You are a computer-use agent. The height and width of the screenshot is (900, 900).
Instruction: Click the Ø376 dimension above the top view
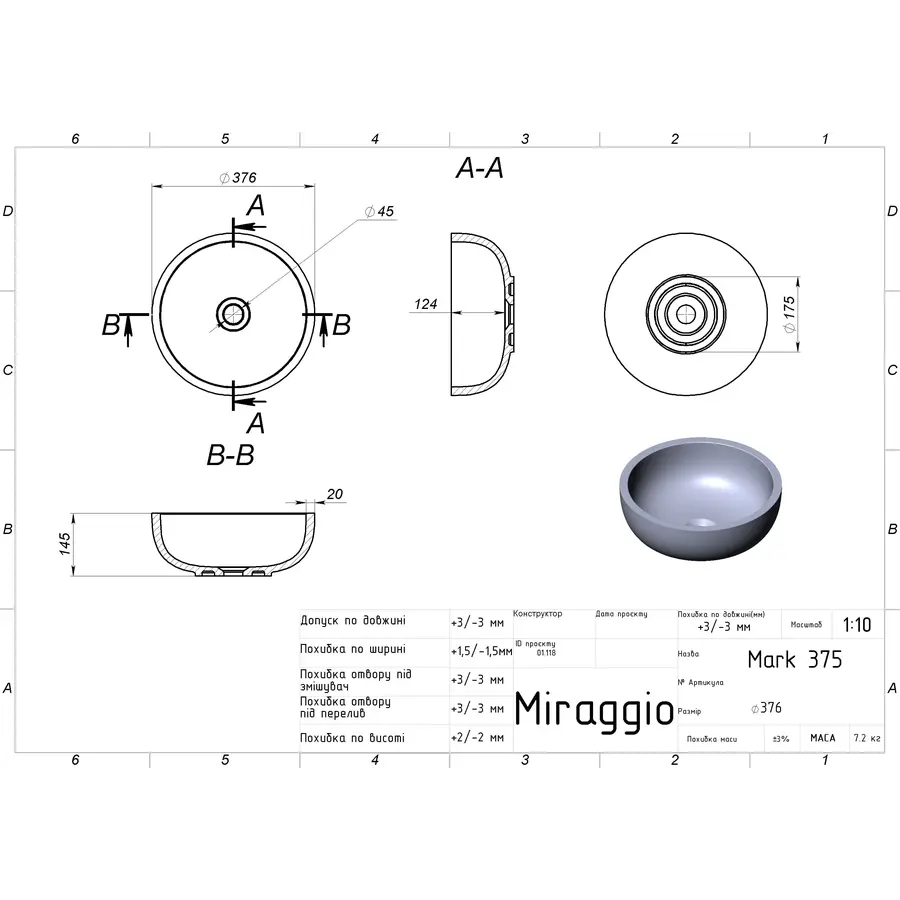(x=238, y=178)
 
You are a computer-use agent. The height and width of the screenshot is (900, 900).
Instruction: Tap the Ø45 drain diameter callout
(x=380, y=211)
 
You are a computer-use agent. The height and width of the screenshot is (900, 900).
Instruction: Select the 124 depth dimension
(x=426, y=304)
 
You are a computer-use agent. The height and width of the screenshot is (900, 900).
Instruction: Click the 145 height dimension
(x=66, y=544)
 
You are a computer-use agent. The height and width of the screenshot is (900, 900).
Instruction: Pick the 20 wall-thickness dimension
(x=334, y=494)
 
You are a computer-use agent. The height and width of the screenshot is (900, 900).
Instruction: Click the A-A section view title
(x=479, y=170)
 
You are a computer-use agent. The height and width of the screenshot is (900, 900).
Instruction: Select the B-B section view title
(x=230, y=456)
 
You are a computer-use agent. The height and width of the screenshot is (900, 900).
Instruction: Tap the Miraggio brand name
(x=594, y=709)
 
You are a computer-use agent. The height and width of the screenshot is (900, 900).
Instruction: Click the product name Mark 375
(x=795, y=660)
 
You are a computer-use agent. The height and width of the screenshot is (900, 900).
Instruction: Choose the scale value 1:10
(x=857, y=626)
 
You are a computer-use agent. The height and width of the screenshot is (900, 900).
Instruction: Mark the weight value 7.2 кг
(x=867, y=739)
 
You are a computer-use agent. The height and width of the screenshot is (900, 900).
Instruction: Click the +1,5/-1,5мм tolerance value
(x=481, y=650)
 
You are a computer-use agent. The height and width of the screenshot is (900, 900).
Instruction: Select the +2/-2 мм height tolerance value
(x=478, y=738)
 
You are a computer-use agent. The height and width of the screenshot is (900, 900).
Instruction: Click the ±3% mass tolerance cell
(x=781, y=739)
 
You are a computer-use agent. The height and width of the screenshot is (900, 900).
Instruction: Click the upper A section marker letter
(x=256, y=206)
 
